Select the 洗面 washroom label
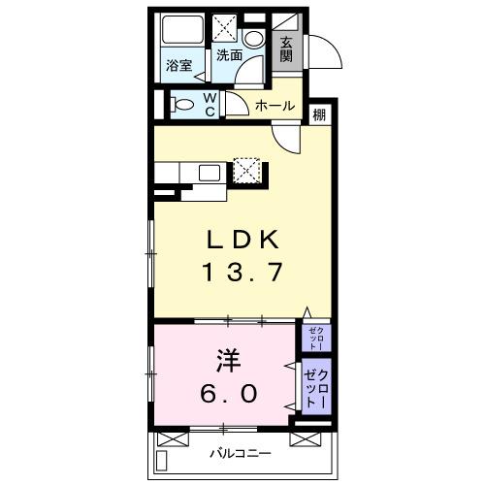tap(229, 55)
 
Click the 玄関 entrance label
tap(288, 48)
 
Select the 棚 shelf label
tap(319, 115)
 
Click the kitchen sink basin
tap(211, 174)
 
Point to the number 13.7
tap(242, 273)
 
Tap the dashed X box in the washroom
tap(229, 28)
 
